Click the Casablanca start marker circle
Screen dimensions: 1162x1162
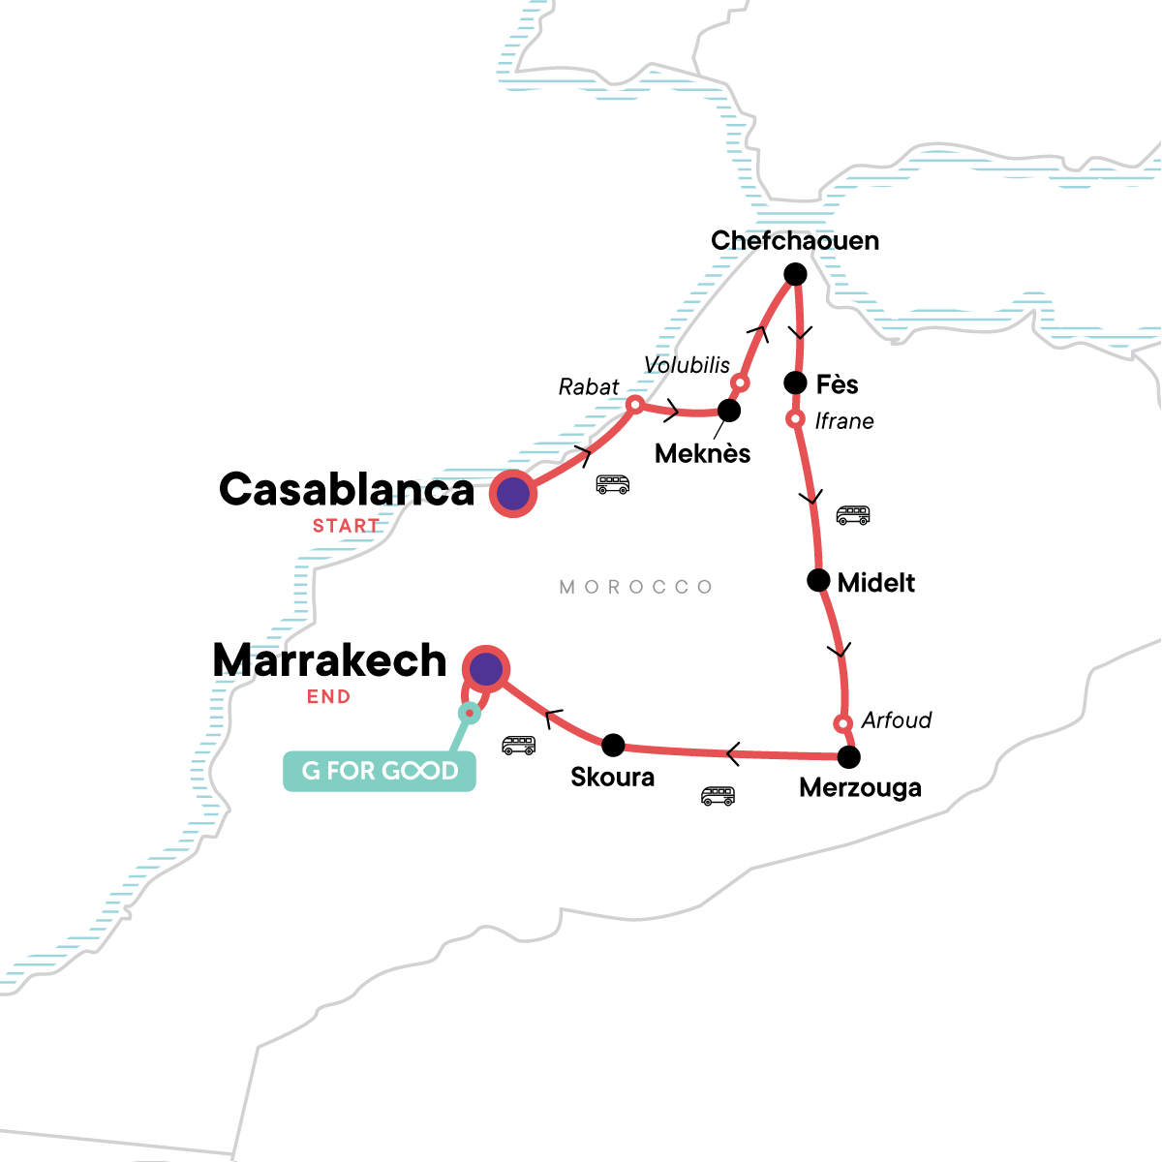[x=513, y=494]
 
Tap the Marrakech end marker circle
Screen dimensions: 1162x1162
[x=486, y=669]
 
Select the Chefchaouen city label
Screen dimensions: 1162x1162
[x=795, y=240]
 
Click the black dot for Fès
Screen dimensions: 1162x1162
[x=795, y=382]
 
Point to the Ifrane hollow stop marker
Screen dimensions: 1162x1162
[x=795, y=419]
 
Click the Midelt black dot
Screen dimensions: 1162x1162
[x=818, y=581]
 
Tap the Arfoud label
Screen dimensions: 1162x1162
[x=897, y=720]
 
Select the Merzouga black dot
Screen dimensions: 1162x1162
[x=848, y=756]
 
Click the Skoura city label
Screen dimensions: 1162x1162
[x=612, y=778]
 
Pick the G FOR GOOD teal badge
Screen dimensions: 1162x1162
[x=380, y=772]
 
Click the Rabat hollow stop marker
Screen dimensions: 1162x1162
[x=635, y=405]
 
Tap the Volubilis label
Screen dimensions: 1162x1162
[x=688, y=365]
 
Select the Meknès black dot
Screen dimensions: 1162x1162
[x=729, y=411]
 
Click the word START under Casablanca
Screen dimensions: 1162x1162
[x=346, y=527]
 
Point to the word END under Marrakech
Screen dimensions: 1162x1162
[x=329, y=697]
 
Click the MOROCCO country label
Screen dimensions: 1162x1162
[x=636, y=587]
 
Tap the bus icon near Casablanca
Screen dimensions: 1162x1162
[x=613, y=484]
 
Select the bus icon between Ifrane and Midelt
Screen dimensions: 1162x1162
[x=853, y=515]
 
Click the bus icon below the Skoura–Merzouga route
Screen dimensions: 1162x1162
[x=718, y=796]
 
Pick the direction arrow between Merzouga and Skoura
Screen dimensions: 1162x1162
[x=733, y=752]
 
